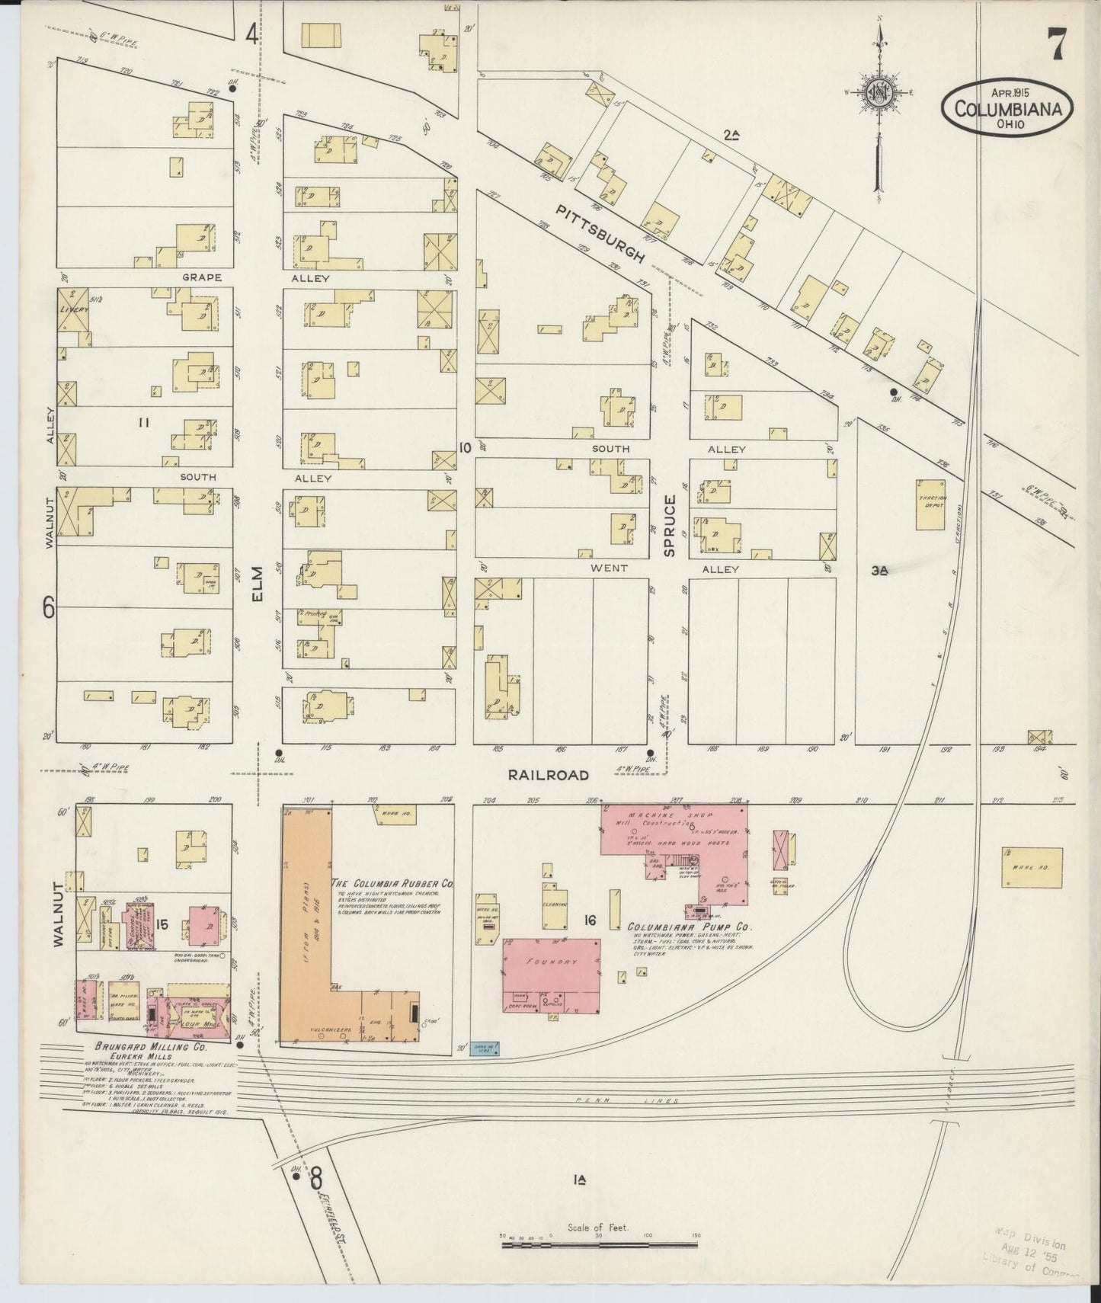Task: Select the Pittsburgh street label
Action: point(600,233)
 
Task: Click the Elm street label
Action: point(258,584)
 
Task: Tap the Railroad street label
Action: point(549,774)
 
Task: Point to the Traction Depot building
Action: point(930,504)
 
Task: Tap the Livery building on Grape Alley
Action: point(73,309)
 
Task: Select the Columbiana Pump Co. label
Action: point(690,927)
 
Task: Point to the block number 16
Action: point(589,920)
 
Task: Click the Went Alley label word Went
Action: point(609,568)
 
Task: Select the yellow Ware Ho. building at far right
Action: point(1032,867)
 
